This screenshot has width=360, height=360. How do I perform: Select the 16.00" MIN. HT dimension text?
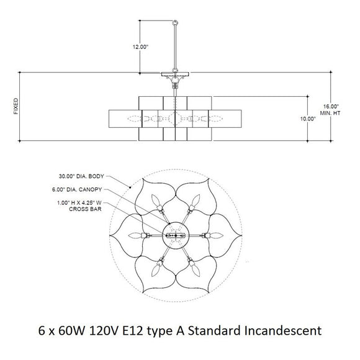point(332,109)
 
